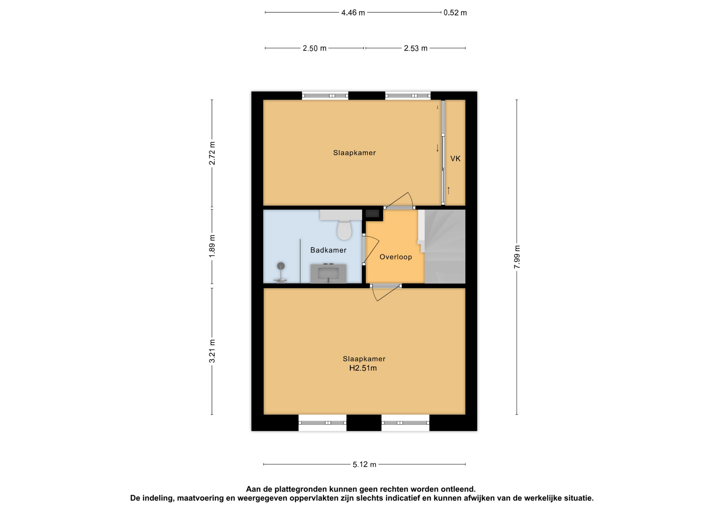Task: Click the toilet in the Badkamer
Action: click(x=344, y=230)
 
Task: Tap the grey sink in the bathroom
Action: click(x=328, y=273)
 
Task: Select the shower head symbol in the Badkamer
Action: click(x=281, y=266)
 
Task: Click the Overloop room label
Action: click(x=396, y=257)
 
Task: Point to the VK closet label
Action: click(x=455, y=159)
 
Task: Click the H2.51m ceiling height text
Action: click(x=363, y=368)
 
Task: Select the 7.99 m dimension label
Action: click(x=517, y=257)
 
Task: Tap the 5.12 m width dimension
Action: click(x=364, y=464)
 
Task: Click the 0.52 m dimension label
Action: click(x=455, y=13)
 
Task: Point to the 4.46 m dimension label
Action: click(x=353, y=13)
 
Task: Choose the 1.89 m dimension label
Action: click(x=212, y=246)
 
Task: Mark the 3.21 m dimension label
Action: click(x=212, y=351)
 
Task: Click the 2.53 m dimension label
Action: click(x=416, y=48)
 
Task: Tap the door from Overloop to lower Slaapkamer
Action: click(x=386, y=293)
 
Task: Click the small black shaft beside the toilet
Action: click(x=373, y=214)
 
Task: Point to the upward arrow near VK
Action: click(x=449, y=190)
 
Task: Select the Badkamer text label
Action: click(x=328, y=250)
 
